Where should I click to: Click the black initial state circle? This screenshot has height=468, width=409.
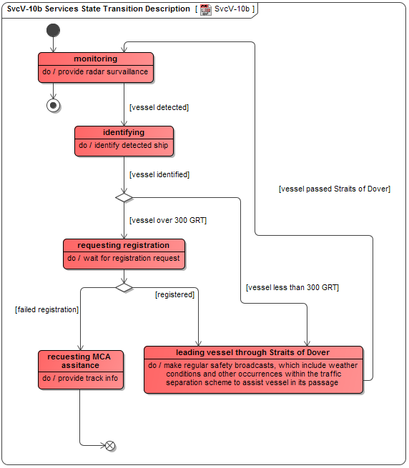pos(53,30)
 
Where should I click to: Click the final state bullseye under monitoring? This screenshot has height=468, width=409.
pos(53,105)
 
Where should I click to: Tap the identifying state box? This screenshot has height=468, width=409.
pos(124,141)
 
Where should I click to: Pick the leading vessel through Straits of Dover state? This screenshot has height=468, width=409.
pos(253,369)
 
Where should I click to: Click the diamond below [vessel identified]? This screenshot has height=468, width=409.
pos(124,197)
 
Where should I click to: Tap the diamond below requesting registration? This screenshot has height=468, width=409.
pos(124,287)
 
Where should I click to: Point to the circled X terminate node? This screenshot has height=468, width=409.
pos(110,446)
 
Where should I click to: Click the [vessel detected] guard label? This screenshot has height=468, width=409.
pos(159,107)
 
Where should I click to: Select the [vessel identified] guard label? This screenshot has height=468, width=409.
pos(159,174)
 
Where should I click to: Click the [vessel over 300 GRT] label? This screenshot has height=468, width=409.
pos(168,220)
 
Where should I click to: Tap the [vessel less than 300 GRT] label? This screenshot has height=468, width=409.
pos(292,287)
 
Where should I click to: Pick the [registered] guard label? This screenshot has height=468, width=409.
pos(175,294)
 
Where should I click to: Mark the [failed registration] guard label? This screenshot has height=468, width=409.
pos(46,309)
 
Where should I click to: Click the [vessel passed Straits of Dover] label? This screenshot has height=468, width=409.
pos(334,189)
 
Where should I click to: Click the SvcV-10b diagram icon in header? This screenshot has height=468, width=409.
pos(205,9)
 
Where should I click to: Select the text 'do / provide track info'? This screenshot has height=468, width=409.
pos(80,378)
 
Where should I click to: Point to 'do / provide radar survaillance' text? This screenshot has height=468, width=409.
pos(96,72)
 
